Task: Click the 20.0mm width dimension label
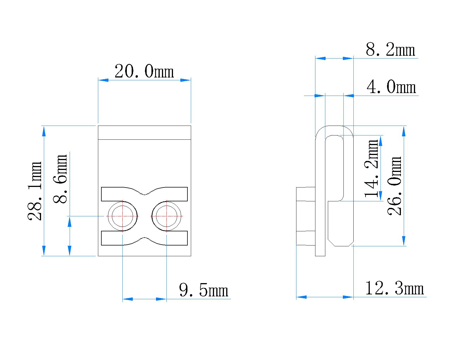(x=144, y=72)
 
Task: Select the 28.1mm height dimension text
(x=35, y=191)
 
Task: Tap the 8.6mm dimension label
(x=60, y=179)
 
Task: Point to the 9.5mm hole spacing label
(x=204, y=290)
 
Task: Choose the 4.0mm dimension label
(x=391, y=87)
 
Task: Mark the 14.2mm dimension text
(x=372, y=168)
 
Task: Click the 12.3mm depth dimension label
(x=395, y=289)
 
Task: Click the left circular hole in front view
(x=122, y=216)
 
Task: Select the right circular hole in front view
(x=167, y=216)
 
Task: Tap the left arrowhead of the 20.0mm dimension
(x=103, y=80)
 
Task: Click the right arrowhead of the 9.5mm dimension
(x=161, y=299)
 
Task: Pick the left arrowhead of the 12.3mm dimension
(x=302, y=297)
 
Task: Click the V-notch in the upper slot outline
(x=145, y=194)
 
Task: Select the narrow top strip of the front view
(x=144, y=133)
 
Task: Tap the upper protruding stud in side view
(x=306, y=194)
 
